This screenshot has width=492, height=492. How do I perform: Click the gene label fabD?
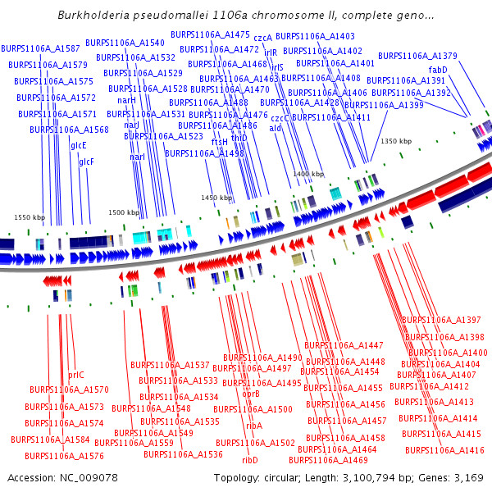click(438, 71)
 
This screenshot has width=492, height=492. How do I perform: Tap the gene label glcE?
click(79, 145)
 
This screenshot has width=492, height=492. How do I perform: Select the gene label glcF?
click(86, 162)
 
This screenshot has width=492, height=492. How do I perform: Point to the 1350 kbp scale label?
click(395, 141)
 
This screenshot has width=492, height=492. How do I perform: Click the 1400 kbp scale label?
click(308, 175)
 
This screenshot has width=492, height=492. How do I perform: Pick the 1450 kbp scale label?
click(217, 198)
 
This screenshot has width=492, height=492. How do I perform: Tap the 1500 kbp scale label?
click(124, 212)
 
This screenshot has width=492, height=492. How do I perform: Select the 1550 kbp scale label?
click(30, 217)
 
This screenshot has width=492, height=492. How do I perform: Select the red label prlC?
click(75, 375)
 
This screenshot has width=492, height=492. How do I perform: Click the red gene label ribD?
click(250, 460)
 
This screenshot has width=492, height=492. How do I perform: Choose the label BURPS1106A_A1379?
click(417, 56)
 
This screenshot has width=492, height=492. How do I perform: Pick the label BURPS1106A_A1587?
click(40, 49)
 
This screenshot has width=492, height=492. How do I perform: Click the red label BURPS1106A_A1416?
click(444, 450)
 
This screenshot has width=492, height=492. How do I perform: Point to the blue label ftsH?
click(220, 142)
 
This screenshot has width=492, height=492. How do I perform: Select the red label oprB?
click(251, 394)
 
